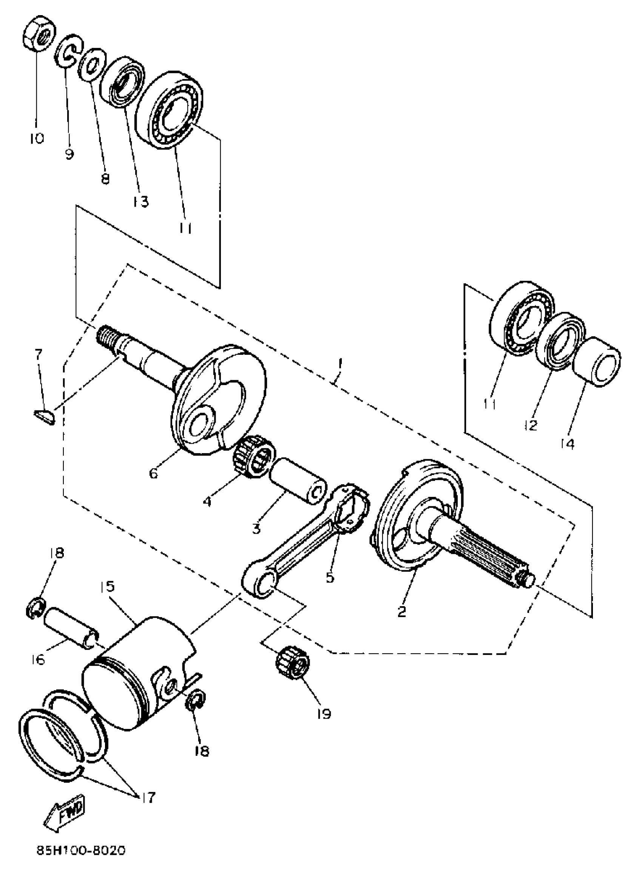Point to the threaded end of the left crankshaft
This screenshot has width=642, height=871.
(x=107, y=335)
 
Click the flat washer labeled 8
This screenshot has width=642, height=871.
(x=92, y=63)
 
